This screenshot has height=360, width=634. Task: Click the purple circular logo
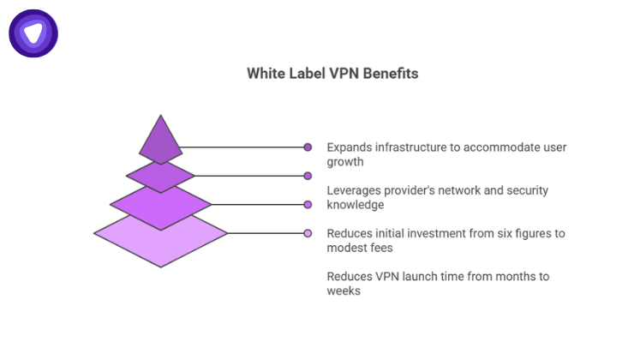(33, 34)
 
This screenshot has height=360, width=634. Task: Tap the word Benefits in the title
(390, 74)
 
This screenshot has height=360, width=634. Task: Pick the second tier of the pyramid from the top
(161, 176)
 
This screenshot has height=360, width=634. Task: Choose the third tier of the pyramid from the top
(161, 204)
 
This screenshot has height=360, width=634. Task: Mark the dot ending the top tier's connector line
(308, 147)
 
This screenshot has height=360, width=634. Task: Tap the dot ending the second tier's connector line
(308, 176)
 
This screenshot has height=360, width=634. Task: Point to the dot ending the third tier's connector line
(308, 204)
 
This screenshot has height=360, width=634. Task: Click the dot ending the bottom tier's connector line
(308, 232)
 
